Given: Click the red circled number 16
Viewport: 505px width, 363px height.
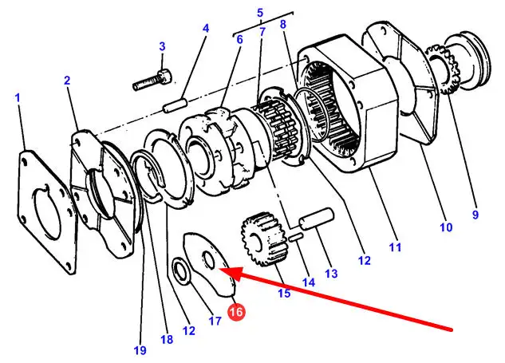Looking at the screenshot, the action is pyautogui.click(x=236, y=312).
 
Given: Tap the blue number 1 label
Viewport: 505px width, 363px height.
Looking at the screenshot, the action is pyautogui.click(x=18, y=97).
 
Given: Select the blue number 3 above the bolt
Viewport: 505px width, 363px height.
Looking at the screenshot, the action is pyautogui.click(x=162, y=46).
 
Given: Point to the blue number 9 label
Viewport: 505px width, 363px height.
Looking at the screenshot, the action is pyautogui.click(x=475, y=215).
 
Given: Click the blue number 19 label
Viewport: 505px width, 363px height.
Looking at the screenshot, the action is pyautogui.click(x=140, y=349).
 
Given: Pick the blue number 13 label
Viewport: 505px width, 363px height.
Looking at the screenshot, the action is pyautogui.click(x=331, y=274).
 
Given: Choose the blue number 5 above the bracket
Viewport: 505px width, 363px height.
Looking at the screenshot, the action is pyautogui.click(x=260, y=13).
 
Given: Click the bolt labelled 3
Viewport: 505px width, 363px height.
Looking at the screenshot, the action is pyautogui.click(x=152, y=80).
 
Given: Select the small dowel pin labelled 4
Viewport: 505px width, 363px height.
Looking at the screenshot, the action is pyautogui.click(x=176, y=105).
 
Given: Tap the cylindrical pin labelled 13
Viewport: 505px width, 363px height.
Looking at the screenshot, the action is pyautogui.click(x=317, y=219).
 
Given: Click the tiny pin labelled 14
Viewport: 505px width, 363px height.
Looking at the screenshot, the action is pyautogui.click(x=295, y=238).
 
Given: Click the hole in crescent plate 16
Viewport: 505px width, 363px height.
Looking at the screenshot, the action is pyautogui.click(x=208, y=260).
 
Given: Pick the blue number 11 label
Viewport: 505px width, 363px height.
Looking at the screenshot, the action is pyautogui.click(x=395, y=247).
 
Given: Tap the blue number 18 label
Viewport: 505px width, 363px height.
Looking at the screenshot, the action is pyautogui.click(x=167, y=339).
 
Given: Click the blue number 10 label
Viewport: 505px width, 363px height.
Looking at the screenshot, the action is pyautogui.click(x=446, y=227).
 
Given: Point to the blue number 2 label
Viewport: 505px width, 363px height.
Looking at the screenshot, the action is pyautogui.click(x=67, y=81).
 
